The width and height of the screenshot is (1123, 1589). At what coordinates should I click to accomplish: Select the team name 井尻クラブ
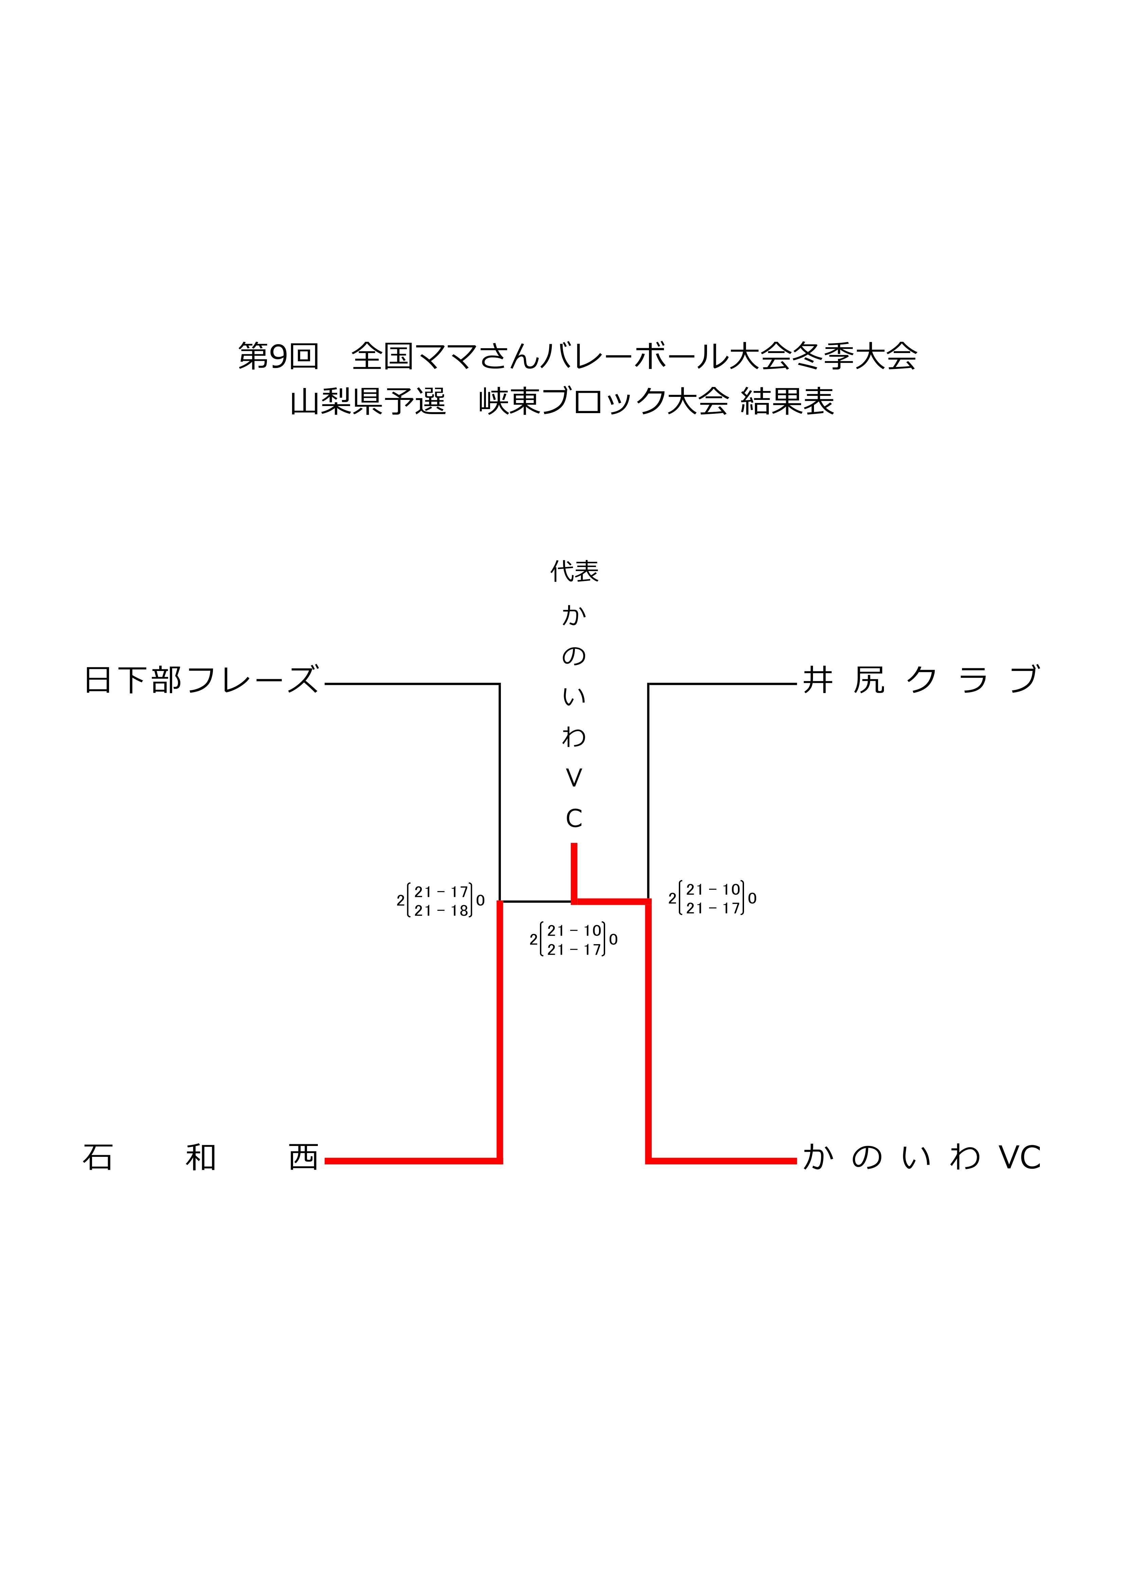pos(921,680)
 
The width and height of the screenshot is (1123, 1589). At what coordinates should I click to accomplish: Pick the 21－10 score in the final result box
pos(574,931)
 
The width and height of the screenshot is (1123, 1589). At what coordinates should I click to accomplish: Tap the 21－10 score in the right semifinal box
pos(713,890)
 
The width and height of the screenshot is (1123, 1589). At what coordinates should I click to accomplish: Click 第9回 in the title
pos(278,356)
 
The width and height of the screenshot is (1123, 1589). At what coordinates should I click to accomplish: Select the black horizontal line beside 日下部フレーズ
pos(412,684)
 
